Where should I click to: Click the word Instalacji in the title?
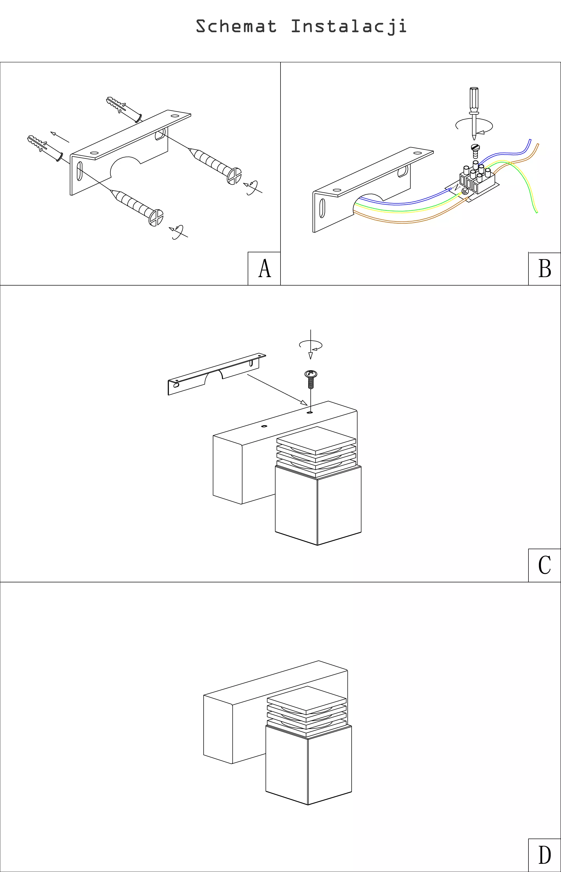tap(349, 27)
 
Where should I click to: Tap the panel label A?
tap(264, 269)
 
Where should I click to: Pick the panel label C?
tap(545, 565)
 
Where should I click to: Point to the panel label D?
tap(545, 855)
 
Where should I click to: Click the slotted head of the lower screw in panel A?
tap(156, 218)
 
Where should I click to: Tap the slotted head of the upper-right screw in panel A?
tap(234, 176)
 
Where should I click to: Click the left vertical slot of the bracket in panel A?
tap(80, 172)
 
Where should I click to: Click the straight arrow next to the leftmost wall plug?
tap(59, 137)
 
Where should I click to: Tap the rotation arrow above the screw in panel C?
tap(311, 345)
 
